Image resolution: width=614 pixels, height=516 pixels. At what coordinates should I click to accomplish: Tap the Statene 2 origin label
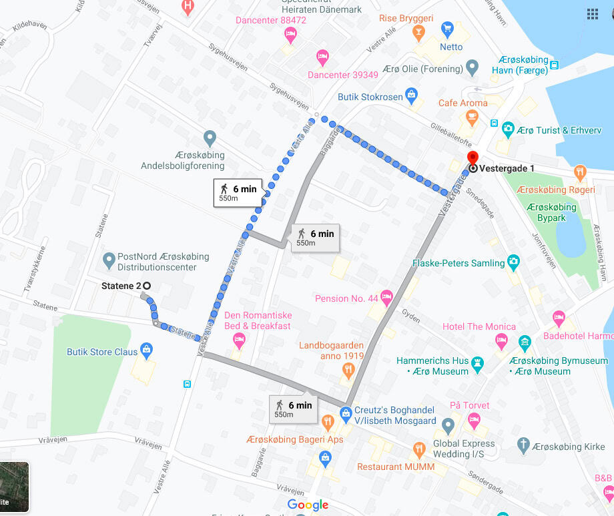(121, 286)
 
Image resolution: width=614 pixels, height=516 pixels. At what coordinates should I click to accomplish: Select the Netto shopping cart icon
(447, 29)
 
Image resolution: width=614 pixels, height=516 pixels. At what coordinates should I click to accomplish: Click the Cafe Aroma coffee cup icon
(473, 117)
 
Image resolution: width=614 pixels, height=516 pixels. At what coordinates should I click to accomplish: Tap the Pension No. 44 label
(346, 298)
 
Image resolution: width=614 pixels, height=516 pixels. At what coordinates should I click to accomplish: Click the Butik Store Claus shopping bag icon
(147, 348)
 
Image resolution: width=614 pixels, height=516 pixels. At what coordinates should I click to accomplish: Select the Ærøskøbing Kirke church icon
(524, 445)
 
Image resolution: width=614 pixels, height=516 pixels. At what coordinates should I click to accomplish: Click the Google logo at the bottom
(308, 505)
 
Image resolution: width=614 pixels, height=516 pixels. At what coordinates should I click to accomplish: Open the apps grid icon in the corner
(592, 14)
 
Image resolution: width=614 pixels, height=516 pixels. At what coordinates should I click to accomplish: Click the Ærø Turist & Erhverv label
(557, 130)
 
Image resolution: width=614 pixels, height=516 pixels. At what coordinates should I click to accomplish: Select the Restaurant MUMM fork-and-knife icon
(419, 449)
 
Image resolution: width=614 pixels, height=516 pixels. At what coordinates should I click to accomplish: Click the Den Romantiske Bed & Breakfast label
(258, 320)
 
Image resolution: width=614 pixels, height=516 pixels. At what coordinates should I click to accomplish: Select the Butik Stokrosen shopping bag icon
(412, 95)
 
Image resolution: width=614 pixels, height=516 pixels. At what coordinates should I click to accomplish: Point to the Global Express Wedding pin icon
(448, 425)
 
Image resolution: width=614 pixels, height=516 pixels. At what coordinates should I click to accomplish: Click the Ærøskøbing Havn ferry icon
(555, 65)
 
